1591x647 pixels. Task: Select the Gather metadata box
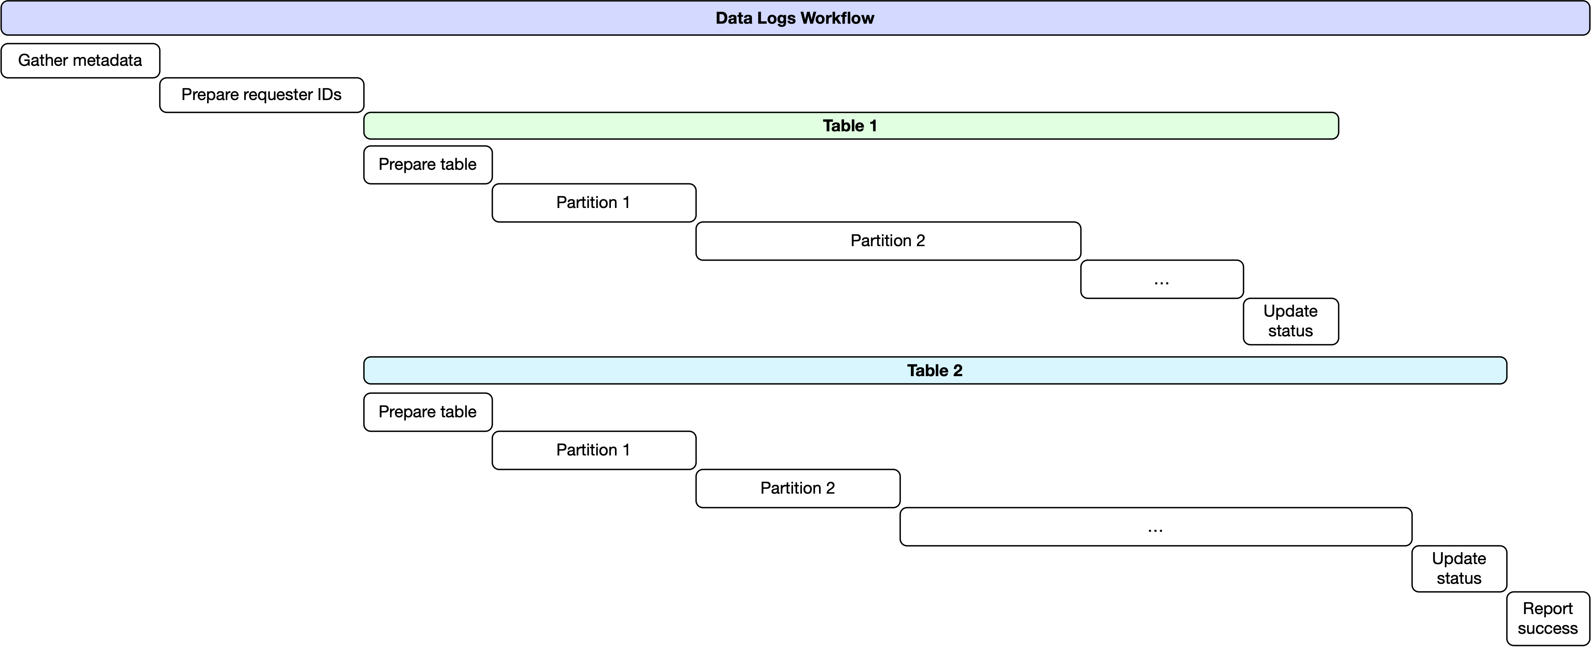(80, 61)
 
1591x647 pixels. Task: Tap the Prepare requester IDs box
(261, 94)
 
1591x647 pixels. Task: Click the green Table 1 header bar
(850, 126)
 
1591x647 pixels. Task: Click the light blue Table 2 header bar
(935, 371)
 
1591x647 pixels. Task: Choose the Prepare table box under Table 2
(427, 412)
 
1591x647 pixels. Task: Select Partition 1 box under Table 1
(594, 202)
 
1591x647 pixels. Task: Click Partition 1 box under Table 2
(594, 450)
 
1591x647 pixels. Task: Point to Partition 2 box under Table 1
(888, 241)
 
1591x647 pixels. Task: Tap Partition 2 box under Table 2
(797, 488)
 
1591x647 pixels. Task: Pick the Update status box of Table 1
(1290, 321)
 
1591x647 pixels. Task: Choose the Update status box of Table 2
(1459, 569)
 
